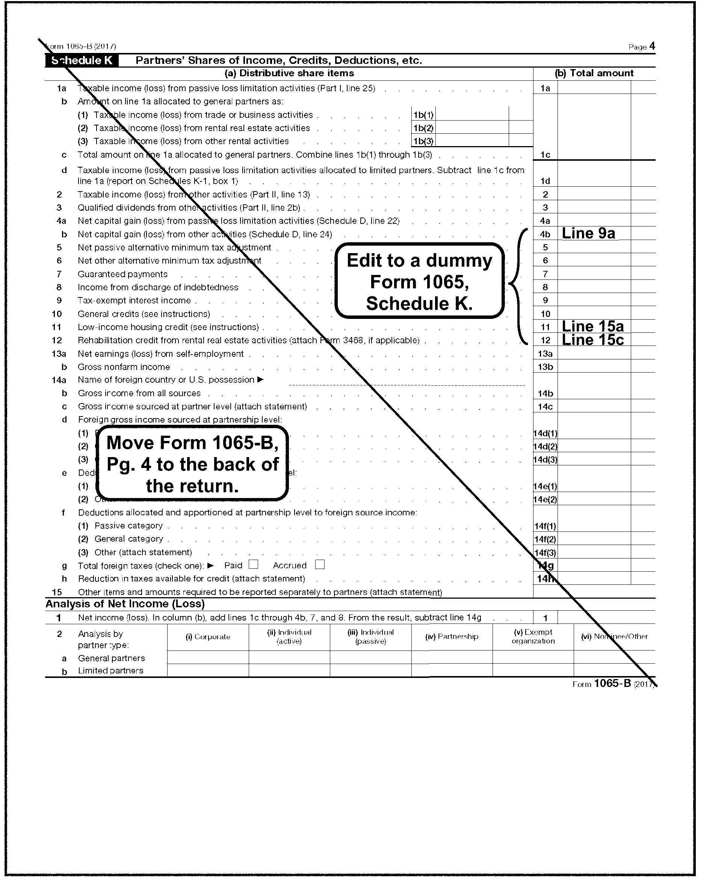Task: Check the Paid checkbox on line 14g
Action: pos(253,565)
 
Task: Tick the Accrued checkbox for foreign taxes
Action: pos(320,565)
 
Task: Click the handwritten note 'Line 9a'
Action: pos(588,233)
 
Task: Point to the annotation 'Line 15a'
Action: pos(592,326)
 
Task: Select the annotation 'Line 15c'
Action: pos(592,340)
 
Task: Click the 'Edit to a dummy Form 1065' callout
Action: pos(419,281)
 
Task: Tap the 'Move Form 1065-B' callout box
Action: pos(192,464)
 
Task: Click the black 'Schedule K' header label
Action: pos(82,60)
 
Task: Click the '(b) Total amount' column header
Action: pos(594,73)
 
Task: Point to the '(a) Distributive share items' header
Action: pos(289,73)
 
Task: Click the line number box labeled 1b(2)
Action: pos(423,128)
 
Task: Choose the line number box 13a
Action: pos(545,354)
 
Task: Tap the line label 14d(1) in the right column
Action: pos(545,433)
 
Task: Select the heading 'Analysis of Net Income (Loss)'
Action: pos(125,604)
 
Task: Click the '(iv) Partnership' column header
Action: pos(452,637)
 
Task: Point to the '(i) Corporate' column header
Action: pos(208,637)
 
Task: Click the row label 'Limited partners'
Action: pos(110,671)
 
